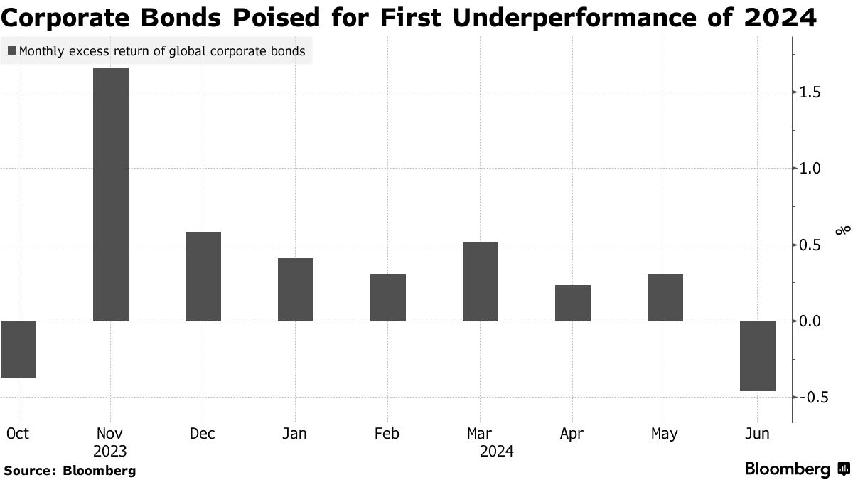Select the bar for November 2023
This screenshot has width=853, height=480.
click(x=111, y=194)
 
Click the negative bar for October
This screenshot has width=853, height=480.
click(x=18, y=349)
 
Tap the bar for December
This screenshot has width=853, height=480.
click(x=203, y=276)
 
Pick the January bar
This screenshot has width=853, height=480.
click(x=296, y=289)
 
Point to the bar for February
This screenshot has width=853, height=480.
click(x=388, y=297)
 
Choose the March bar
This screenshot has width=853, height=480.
click(x=481, y=281)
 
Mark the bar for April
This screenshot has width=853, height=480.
click(x=573, y=303)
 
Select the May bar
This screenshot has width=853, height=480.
click(x=665, y=297)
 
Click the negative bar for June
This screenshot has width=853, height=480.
click(x=758, y=356)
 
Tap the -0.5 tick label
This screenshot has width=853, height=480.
click(x=813, y=398)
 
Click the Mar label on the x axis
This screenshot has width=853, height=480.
click(x=481, y=433)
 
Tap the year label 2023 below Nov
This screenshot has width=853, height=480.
click(x=110, y=452)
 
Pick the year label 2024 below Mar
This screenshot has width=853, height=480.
click(x=497, y=452)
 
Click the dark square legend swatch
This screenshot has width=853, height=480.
click(x=12, y=51)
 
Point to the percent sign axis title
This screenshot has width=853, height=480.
click(x=843, y=230)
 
